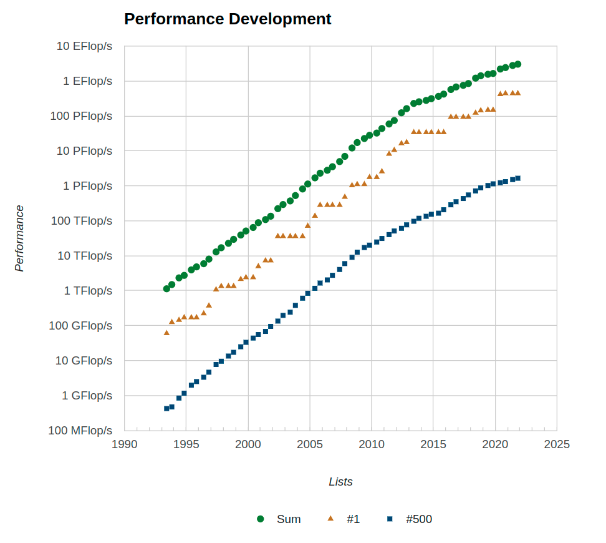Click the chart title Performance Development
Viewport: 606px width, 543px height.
(228, 19)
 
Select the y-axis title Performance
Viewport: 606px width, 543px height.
(19, 238)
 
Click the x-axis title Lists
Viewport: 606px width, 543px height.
(340, 482)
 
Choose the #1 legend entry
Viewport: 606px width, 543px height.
(344, 519)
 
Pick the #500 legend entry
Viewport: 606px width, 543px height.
(410, 519)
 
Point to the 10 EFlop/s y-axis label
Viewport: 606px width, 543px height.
(84, 46)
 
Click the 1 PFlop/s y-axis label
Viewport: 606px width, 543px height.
(87, 186)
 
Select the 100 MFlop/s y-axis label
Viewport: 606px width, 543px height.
(80, 431)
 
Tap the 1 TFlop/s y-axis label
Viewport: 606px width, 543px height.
(87, 291)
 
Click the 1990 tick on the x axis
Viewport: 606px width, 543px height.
(124, 444)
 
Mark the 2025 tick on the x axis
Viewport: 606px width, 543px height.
(557, 444)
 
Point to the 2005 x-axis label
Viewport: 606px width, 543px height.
(310, 444)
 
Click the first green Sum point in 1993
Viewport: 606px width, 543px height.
(166, 289)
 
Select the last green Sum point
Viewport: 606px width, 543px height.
(517, 64)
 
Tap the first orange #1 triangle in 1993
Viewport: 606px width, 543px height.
(166, 333)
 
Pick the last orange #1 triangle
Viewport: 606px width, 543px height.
(517, 92)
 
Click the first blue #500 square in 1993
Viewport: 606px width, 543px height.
(166, 409)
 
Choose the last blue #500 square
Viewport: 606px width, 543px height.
(517, 178)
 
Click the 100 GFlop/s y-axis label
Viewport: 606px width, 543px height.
(81, 326)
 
